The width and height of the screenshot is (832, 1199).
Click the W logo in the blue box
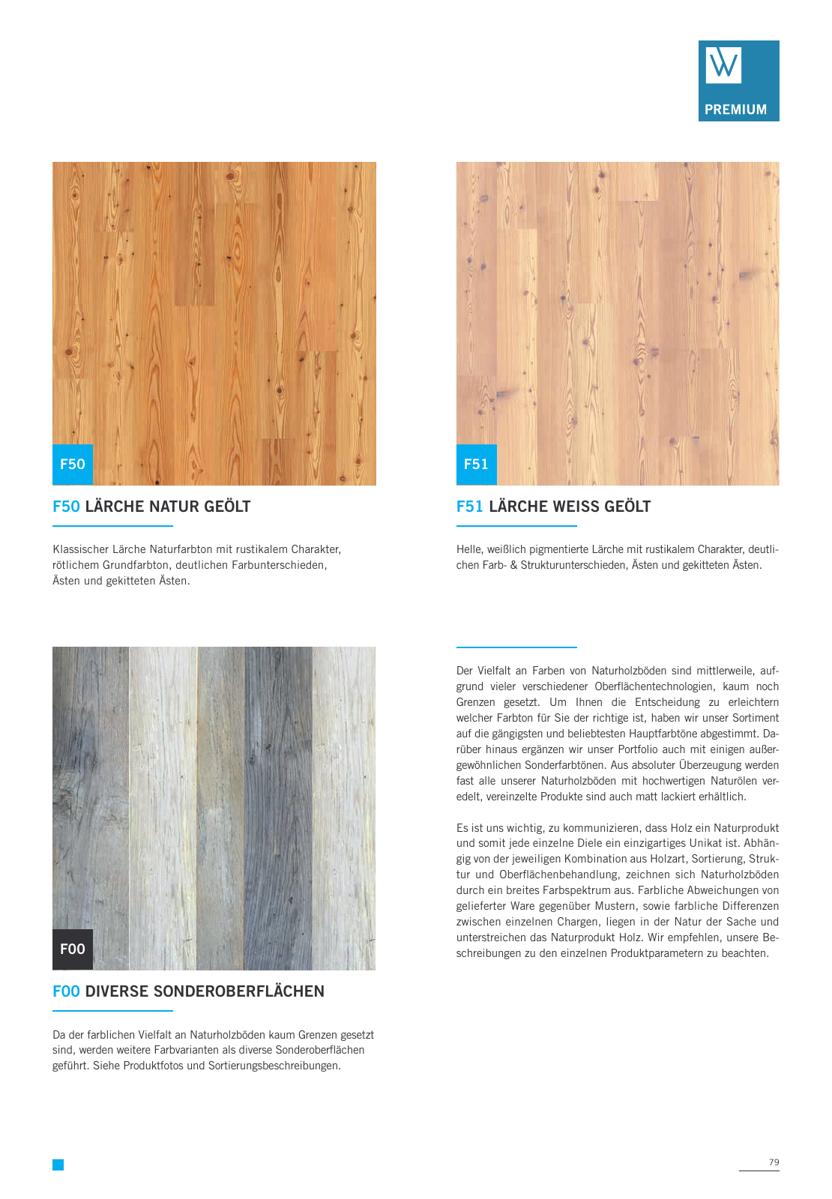click(x=723, y=64)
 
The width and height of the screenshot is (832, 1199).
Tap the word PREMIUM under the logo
click(x=735, y=109)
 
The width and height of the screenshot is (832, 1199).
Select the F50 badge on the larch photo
click(x=73, y=464)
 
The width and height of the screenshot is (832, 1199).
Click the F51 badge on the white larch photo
click(x=476, y=464)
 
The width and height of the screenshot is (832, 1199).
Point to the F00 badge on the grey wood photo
click(x=73, y=949)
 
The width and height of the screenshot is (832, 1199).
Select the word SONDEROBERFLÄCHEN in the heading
click(x=238, y=991)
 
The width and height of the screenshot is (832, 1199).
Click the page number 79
click(x=774, y=1162)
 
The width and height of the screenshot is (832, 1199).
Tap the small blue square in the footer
click(x=58, y=1165)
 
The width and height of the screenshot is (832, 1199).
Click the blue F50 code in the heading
click(x=66, y=507)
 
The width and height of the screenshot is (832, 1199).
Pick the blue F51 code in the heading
click(x=469, y=507)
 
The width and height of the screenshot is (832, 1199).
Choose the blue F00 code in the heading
click(x=66, y=991)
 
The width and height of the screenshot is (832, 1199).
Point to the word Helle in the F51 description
click(x=470, y=549)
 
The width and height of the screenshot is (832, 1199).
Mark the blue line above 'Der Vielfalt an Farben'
click(x=516, y=647)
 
